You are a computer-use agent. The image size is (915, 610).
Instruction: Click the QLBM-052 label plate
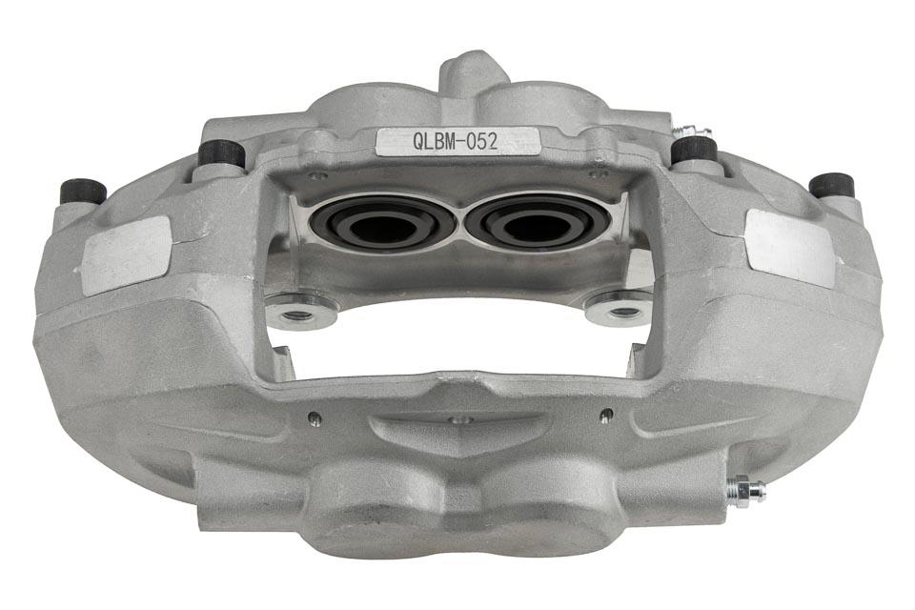pyautogui.click(x=457, y=141)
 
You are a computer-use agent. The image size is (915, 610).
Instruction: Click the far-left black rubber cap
pyautogui.click(x=82, y=191)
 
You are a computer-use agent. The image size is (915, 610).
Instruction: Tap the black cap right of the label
pyautogui.click(x=694, y=150)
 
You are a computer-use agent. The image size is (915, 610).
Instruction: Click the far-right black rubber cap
pyautogui.click(x=832, y=184)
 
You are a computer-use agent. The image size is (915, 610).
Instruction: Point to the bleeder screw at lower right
pyautogui.click(x=745, y=489)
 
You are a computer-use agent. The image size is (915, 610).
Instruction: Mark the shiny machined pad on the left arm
pyautogui.click(x=128, y=254)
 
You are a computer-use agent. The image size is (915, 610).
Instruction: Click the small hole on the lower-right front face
pyautogui.click(x=605, y=414)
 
